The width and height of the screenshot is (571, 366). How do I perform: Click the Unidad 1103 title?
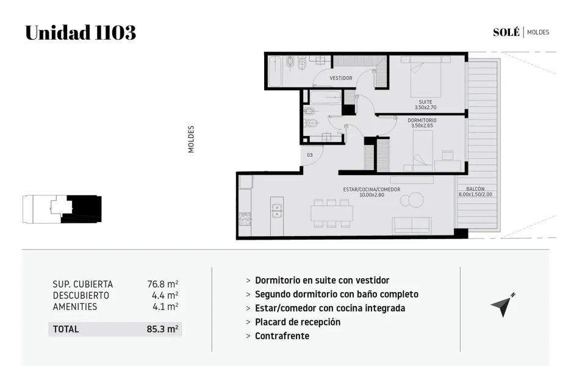point(81,32)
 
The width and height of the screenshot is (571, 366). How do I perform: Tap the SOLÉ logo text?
point(506,32)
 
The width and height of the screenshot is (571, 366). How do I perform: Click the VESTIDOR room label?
point(341,78)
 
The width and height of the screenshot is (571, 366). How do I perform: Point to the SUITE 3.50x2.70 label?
point(425,105)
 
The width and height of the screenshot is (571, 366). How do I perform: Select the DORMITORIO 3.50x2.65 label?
point(422,123)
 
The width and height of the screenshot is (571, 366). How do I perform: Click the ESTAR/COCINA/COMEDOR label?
point(372,192)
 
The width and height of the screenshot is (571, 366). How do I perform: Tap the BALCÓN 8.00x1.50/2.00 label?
point(475,192)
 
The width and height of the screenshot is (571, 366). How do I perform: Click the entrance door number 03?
point(309,155)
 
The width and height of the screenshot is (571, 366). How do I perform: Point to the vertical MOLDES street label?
point(191,139)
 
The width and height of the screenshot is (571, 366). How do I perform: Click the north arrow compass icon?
point(503,305)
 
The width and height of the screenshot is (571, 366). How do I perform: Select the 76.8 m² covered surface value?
point(163,284)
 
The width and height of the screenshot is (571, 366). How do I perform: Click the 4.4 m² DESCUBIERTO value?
point(165,295)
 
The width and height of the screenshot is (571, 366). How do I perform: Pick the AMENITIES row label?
point(75,307)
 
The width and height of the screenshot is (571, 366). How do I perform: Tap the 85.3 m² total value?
point(162,329)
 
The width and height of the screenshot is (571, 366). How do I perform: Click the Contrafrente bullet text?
point(282,335)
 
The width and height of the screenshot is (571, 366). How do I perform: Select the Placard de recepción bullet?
point(298,322)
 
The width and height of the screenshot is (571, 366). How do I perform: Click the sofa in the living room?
point(412,226)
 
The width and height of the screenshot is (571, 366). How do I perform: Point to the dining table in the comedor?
point(332,213)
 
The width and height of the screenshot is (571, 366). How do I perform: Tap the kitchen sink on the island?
point(277,210)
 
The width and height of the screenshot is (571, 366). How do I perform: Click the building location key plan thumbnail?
point(62,209)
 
